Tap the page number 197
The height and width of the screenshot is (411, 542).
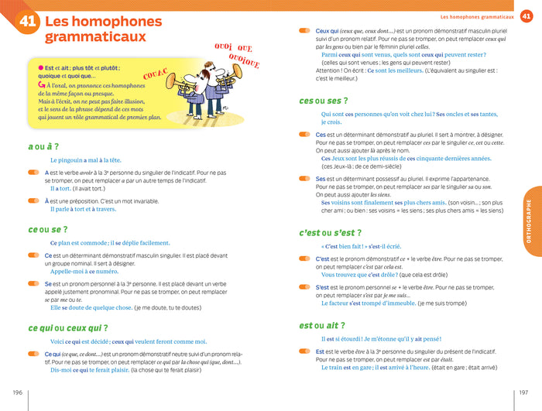pos(526,392)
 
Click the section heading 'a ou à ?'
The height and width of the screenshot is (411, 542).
pos(43,146)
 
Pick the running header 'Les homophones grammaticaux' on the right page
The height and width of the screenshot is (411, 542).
pos(477,16)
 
